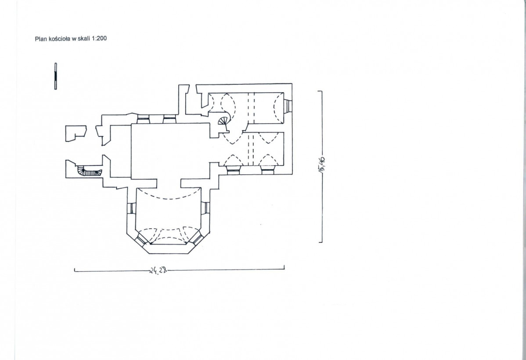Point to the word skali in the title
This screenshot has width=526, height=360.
pyautogui.click(x=84, y=38)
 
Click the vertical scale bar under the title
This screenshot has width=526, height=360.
pyautogui.click(x=56, y=76)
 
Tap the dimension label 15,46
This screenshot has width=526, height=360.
pyautogui.click(x=321, y=164)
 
